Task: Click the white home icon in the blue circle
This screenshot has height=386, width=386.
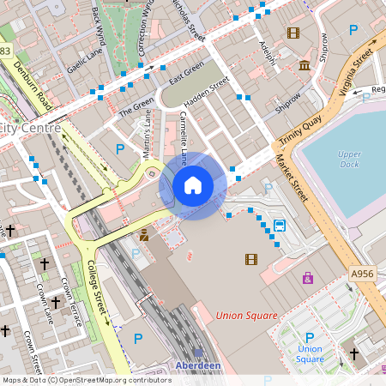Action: point(193,185)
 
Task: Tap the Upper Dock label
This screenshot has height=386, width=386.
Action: point(349,159)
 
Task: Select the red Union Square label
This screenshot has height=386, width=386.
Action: point(247,316)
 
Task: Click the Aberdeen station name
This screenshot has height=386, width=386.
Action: point(199,365)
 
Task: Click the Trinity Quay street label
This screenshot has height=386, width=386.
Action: point(299,129)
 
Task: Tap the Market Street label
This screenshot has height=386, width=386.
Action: point(292,178)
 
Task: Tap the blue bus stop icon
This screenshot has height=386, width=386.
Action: point(280,226)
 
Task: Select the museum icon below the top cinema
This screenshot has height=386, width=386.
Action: point(305,66)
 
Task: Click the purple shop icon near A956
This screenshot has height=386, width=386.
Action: point(308,278)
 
